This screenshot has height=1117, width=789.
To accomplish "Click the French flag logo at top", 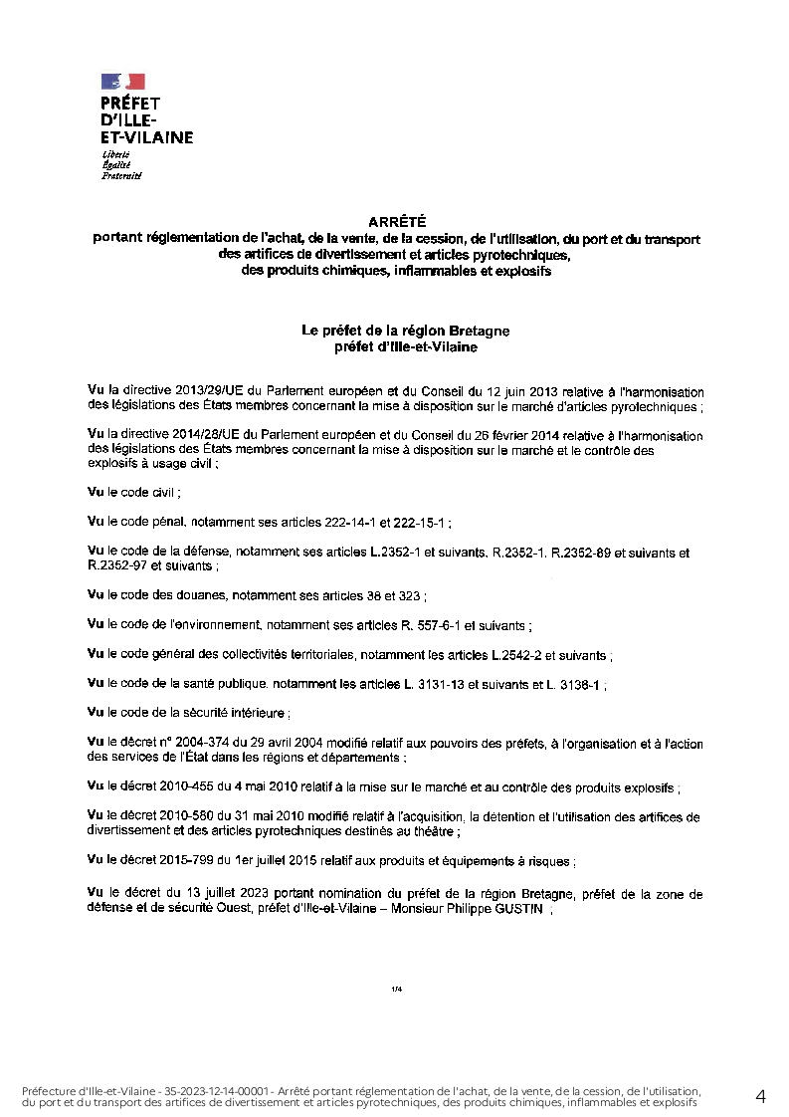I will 122,81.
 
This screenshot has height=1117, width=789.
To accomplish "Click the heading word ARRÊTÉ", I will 396,225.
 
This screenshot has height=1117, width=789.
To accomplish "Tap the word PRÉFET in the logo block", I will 131,103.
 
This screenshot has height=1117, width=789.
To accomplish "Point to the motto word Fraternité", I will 122,176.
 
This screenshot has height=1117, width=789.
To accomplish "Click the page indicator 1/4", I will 396,989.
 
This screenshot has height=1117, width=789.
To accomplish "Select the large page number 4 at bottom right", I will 761,1096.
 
